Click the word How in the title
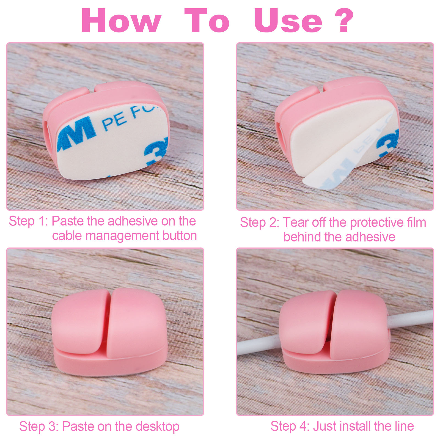(x=121, y=21)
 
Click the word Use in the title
(x=288, y=21)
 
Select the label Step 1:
(x=29, y=221)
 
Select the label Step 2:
(x=260, y=223)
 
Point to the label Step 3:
(x=39, y=427)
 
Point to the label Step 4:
(x=290, y=426)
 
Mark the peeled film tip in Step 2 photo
(x=304, y=180)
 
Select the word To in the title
(x=207, y=21)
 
